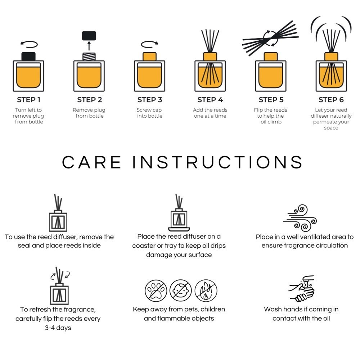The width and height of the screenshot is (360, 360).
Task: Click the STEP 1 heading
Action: point(28,100)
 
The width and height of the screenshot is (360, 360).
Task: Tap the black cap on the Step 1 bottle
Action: point(28,57)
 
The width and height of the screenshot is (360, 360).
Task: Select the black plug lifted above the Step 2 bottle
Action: point(89,36)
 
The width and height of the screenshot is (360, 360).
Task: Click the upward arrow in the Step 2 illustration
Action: point(89,46)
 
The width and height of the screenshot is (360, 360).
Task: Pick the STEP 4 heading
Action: point(210,100)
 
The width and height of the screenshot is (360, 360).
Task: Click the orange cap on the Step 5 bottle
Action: point(271,57)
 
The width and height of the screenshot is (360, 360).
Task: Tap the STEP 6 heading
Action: point(331,100)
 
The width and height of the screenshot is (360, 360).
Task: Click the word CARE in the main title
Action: point(91,162)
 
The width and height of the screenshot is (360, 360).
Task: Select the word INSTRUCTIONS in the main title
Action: point(217,162)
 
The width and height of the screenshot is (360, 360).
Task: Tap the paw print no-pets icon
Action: point(156,291)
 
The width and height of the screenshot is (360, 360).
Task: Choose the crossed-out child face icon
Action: point(180,291)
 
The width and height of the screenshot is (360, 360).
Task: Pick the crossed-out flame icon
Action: point(206,291)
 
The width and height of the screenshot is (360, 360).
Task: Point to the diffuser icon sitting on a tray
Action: point(179,212)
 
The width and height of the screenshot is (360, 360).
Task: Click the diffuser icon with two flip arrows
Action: point(59,285)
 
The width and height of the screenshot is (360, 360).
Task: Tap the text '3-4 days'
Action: point(58,328)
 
